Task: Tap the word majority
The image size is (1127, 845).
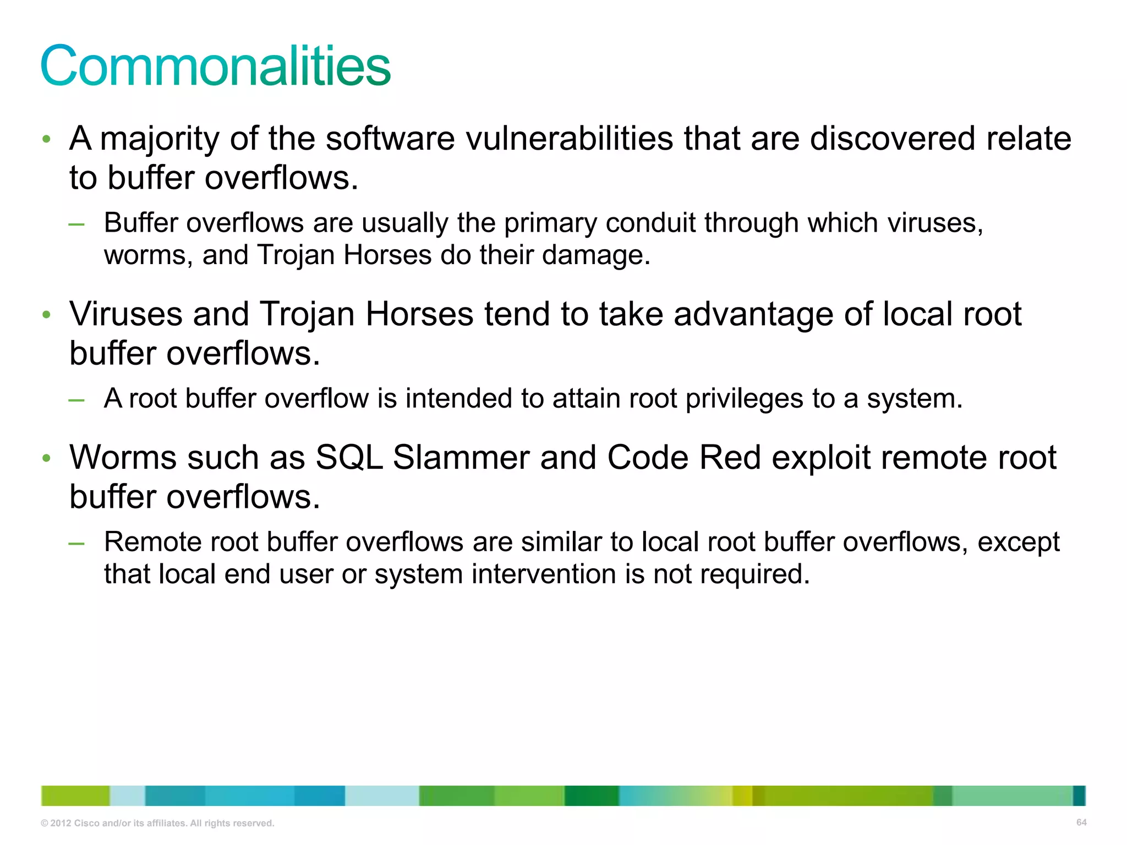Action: (x=160, y=139)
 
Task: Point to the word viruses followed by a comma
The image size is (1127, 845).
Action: (x=935, y=223)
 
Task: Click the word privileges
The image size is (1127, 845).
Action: (x=743, y=399)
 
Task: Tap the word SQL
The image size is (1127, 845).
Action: (x=349, y=458)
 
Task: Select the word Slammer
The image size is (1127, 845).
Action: (x=461, y=458)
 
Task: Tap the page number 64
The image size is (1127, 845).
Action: (x=1081, y=822)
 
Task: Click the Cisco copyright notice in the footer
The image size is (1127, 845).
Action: (x=157, y=823)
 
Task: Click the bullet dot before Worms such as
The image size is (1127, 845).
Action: (x=47, y=458)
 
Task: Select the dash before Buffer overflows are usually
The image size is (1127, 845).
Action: (x=76, y=224)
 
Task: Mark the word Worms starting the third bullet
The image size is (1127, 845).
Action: (x=123, y=458)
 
